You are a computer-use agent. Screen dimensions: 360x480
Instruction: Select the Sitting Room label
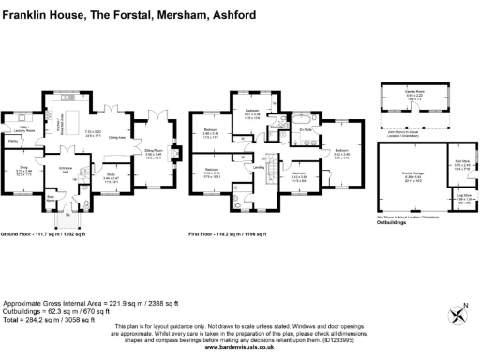point(153,149)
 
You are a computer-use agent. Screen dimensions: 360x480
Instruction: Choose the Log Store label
point(438,196)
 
